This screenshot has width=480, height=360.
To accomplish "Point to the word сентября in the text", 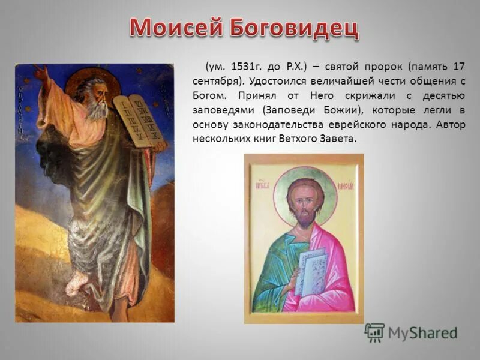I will [217, 80].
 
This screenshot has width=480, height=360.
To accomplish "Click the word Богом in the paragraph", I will [209, 95].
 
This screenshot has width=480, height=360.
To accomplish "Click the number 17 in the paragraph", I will [460, 66].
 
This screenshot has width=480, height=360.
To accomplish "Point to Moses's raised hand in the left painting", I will [41, 73].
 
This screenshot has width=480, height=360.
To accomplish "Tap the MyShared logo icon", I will [374, 332].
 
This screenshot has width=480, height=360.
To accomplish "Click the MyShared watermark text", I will [422, 332].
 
